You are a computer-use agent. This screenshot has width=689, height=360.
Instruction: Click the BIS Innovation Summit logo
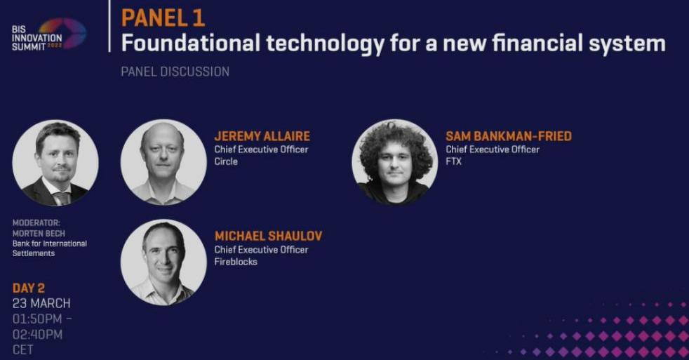pyautogui.click(x=49, y=34)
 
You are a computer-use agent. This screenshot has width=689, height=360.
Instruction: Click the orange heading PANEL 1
pyautogui.click(x=163, y=18)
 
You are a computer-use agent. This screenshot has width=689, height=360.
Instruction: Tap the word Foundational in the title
pyautogui.click(x=191, y=43)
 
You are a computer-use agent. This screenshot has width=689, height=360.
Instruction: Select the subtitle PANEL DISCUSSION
pyautogui.click(x=175, y=72)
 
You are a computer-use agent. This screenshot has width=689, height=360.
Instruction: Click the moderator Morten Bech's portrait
pyautogui.click(x=55, y=163)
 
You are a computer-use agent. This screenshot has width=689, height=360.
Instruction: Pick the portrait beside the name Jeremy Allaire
pyautogui.click(x=163, y=162)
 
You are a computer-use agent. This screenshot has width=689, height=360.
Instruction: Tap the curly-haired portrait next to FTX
pyautogui.click(x=394, y=162)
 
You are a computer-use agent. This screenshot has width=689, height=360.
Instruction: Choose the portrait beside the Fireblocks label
pyautogui.click(x=163, y=262)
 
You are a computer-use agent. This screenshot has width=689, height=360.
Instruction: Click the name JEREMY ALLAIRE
pyautogui.click(x=262, y=136)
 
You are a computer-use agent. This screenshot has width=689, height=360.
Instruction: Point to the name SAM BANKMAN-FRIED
pyautogui.click(x=509, y=136)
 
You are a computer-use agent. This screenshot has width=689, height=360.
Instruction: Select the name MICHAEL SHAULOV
pyautogui.click(x=268, y=236)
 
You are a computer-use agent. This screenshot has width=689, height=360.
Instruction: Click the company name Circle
pyautogui.click(x=226, y=161)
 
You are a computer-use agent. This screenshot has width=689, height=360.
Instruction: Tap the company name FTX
pyautogui.click(x=453, y=161)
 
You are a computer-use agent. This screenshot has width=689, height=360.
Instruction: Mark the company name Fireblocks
pyautogui.click(x=236, y=262)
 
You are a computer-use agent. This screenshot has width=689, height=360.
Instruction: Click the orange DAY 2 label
pyautogui.click(x=29, y=288)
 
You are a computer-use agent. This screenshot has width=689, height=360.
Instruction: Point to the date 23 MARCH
pyautogui.click(x=41, y=303)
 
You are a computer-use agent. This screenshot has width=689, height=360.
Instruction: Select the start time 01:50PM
pyautogui.click(x=37, y=319)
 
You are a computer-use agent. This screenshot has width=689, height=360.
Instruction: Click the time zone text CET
pyautogui.click(x=23, y=350)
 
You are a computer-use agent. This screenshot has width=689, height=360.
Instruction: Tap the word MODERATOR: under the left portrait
pyautogui.click(x=36, y=223)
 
